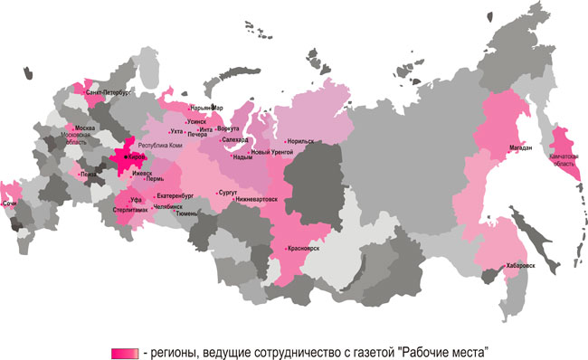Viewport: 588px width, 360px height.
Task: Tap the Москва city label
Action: point(85,128)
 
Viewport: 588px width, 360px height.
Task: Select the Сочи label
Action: point(10,204)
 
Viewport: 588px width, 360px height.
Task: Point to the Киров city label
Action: point(132,156)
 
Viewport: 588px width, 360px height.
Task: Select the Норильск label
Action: point(300,142)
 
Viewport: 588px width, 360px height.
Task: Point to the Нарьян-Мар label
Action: point(206,108)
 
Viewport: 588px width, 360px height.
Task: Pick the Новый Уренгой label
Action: point(271,152)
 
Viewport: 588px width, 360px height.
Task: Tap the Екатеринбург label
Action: point(175,194)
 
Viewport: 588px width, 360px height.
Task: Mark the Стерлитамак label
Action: point(131,210)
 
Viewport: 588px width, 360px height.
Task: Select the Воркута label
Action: point(229,128)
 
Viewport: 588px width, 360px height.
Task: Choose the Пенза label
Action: point(88,174)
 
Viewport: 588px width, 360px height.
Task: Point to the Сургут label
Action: point(227,193)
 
